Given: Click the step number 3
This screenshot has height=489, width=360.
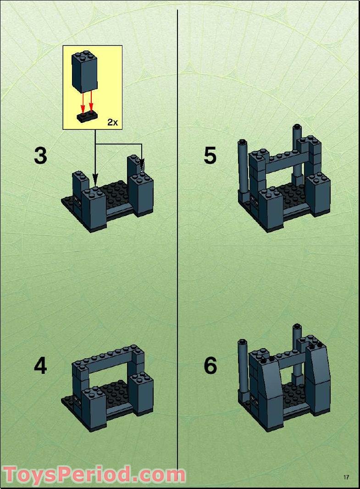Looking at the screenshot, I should [40, 156].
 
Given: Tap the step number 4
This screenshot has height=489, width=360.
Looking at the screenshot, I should [40, 366].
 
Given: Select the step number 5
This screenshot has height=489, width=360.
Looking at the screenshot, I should [210, 156].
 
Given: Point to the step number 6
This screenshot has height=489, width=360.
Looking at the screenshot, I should [210, 366].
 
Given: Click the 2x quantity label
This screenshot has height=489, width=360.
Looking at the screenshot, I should [112, 122].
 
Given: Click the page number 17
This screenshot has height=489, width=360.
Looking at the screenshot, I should [346, 477].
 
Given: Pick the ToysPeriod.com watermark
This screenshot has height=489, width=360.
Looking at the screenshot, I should [94, 474].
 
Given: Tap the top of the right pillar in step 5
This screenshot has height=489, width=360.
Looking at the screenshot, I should [297, 128].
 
